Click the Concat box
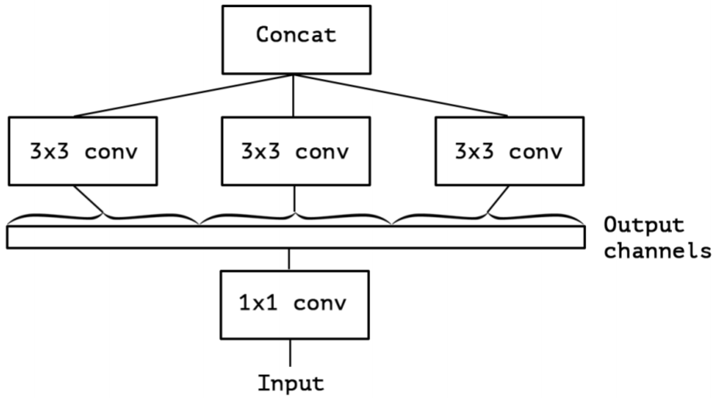point(297,39)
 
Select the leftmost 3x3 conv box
point(83,151)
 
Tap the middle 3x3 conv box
point(296,151)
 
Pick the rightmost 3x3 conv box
point(509,151)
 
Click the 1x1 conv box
point(295,304)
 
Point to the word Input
point(291,383)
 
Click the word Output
point(644,225)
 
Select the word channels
point(657,251)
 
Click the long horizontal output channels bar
point(296,237)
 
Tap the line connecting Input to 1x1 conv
point(290,353)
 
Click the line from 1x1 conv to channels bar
point(289,259)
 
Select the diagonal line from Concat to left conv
point(184,95)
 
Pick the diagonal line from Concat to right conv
point(400,95)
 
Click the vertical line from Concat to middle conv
point(293,95)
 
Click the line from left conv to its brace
point(89,199)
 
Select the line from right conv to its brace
point(498,199)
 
